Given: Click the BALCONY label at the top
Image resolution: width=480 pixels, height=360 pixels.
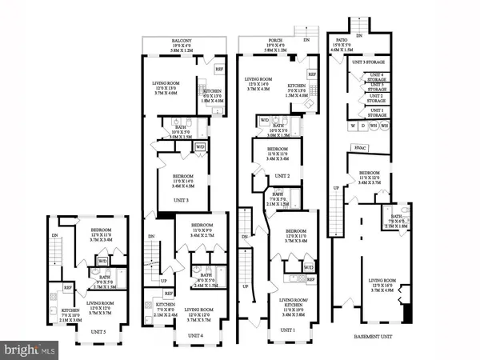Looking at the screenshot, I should [174, 41].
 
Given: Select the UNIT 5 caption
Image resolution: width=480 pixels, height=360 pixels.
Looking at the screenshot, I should [98, 330].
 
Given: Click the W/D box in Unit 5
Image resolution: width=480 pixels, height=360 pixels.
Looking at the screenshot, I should [102, 260].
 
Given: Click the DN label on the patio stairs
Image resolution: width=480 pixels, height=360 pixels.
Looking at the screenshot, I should [359, 36].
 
